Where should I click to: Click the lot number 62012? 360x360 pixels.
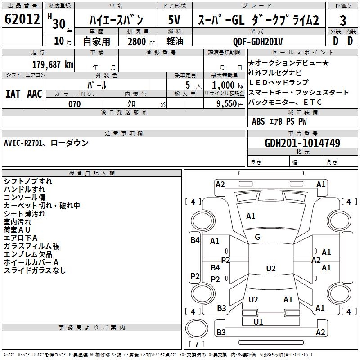22,19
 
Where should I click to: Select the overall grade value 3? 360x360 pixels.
343,21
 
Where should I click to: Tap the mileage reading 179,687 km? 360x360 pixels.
53,65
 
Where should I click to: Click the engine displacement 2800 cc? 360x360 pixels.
141,41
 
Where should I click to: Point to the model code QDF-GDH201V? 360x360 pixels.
257,41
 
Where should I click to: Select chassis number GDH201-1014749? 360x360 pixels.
302,143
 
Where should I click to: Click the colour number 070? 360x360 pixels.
74,104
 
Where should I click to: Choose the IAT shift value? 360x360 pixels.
13,94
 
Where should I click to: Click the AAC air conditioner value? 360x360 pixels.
35,94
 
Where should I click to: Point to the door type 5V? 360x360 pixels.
174,20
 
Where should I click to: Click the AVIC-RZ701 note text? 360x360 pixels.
23,143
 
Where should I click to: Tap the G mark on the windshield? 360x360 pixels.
257,237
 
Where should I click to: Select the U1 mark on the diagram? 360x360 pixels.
258,322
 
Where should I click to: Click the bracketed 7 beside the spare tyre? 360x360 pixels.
197,344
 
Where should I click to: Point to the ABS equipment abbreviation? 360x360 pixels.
258,121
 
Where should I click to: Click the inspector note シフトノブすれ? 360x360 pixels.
28,181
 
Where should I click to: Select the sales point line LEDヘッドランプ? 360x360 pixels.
279,82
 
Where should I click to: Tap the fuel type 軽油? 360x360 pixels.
175,41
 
